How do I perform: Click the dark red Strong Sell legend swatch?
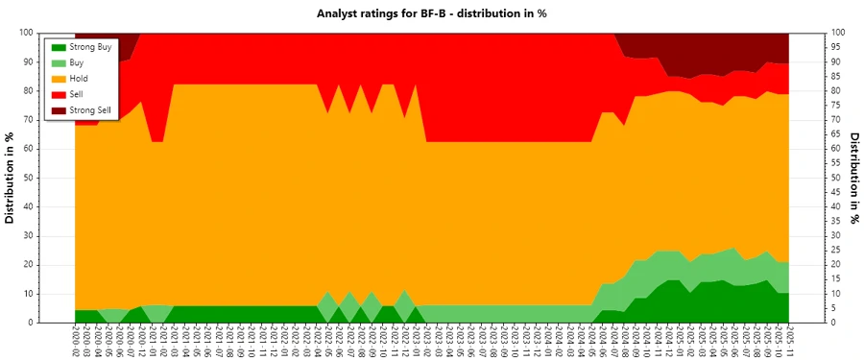[58, 111]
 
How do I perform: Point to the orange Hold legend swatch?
[58, 79]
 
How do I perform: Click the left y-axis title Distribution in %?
[11, 178]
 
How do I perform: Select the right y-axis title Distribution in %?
[853, 178]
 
